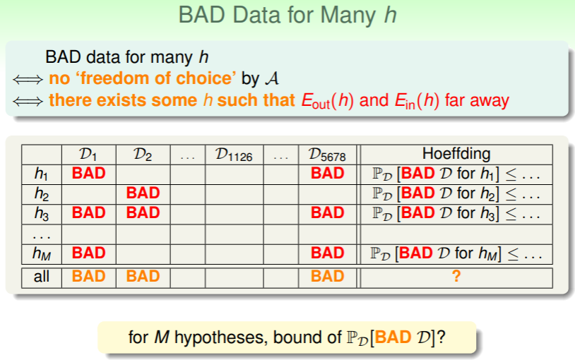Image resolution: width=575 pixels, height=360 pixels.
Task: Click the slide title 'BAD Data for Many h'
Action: [x=287, y=16]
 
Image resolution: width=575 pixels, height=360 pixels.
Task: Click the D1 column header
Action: [x=88, y=155]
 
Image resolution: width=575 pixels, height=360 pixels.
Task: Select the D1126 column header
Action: [x=234, y=155]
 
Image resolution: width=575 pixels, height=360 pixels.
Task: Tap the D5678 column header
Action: [x=327, y=155]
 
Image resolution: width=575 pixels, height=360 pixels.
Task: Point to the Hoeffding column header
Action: [x=456, y=154]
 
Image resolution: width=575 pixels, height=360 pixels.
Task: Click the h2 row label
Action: [x=42, y=193]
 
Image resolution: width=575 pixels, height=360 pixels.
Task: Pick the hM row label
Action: [x=42, y=253]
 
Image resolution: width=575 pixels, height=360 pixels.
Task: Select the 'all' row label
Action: [x=42, y=277]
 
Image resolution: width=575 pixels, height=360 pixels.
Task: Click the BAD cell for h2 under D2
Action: [x=143, y=193]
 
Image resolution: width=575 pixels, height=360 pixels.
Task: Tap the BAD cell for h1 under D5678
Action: [x=328, y=173]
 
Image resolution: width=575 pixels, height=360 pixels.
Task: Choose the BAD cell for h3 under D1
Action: [x=89, y=212]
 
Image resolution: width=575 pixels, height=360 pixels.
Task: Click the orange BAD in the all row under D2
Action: [x=143, y=276]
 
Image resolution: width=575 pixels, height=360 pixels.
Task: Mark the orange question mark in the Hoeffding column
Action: [x=456, y=276]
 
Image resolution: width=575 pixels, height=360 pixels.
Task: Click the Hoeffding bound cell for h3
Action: [x=456, y=213]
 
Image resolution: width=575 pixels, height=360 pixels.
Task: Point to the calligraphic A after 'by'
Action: [x=272, y=78]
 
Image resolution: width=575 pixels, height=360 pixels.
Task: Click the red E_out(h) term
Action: [x=328, y=101]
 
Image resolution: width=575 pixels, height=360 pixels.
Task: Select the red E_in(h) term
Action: [x=417, y=101]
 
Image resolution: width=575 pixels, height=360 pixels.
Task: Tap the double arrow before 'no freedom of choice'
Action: [x=28, y=79]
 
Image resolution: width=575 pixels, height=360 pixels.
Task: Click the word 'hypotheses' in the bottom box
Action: [x=219, y=337]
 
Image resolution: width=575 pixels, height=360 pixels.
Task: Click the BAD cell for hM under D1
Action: [x=89, y=253]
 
